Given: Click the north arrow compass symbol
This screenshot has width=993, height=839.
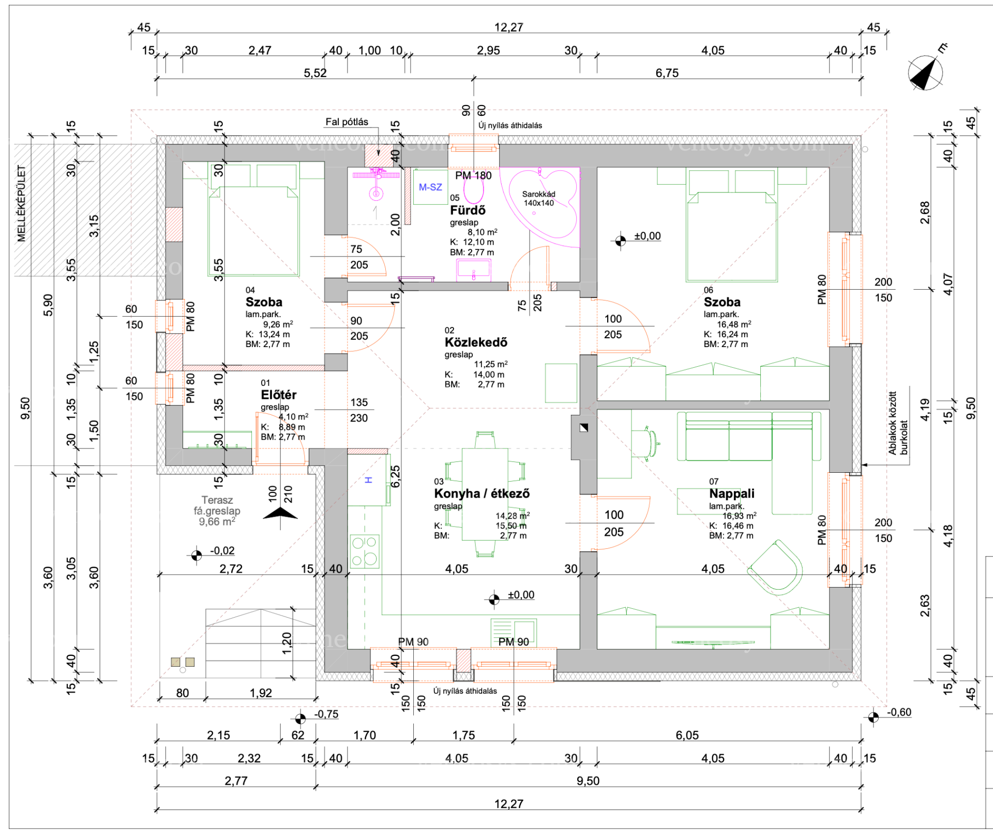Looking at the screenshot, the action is (x=925, y=73).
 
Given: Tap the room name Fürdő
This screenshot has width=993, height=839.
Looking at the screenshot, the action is (x=468, y=211).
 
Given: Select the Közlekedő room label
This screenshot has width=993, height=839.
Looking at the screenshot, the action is (x=476, y=342).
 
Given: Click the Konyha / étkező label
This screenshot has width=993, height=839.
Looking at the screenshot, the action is (x=482, y=493).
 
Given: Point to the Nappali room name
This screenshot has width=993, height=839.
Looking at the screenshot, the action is (x=731, y=493).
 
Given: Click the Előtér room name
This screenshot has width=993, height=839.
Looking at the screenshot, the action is (x=279, y=395).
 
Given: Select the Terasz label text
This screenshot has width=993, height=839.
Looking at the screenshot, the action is (x=217, y=500).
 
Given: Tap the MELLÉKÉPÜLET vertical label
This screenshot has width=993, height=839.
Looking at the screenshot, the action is (x=21, y=203).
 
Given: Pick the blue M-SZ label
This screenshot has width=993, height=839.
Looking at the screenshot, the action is (x=430, y=187).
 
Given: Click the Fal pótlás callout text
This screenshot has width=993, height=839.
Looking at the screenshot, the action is (x=347, y=122).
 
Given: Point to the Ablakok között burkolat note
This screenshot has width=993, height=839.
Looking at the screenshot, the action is (x=898, y=423).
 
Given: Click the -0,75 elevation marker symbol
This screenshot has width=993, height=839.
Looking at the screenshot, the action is (x=300, y=718).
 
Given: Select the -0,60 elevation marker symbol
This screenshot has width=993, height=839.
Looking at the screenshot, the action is (x=873, y=717).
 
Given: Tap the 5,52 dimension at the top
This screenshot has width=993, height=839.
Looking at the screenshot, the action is (x=315, y=73).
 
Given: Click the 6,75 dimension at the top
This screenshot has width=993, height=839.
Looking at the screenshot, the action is (x=667, y=73).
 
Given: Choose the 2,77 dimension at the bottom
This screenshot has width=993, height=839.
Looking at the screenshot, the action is (x=236, y=781).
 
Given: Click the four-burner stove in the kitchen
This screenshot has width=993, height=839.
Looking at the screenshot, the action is (x=365, y=551).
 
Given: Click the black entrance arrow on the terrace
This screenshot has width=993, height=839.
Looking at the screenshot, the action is (x=280, y=513).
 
